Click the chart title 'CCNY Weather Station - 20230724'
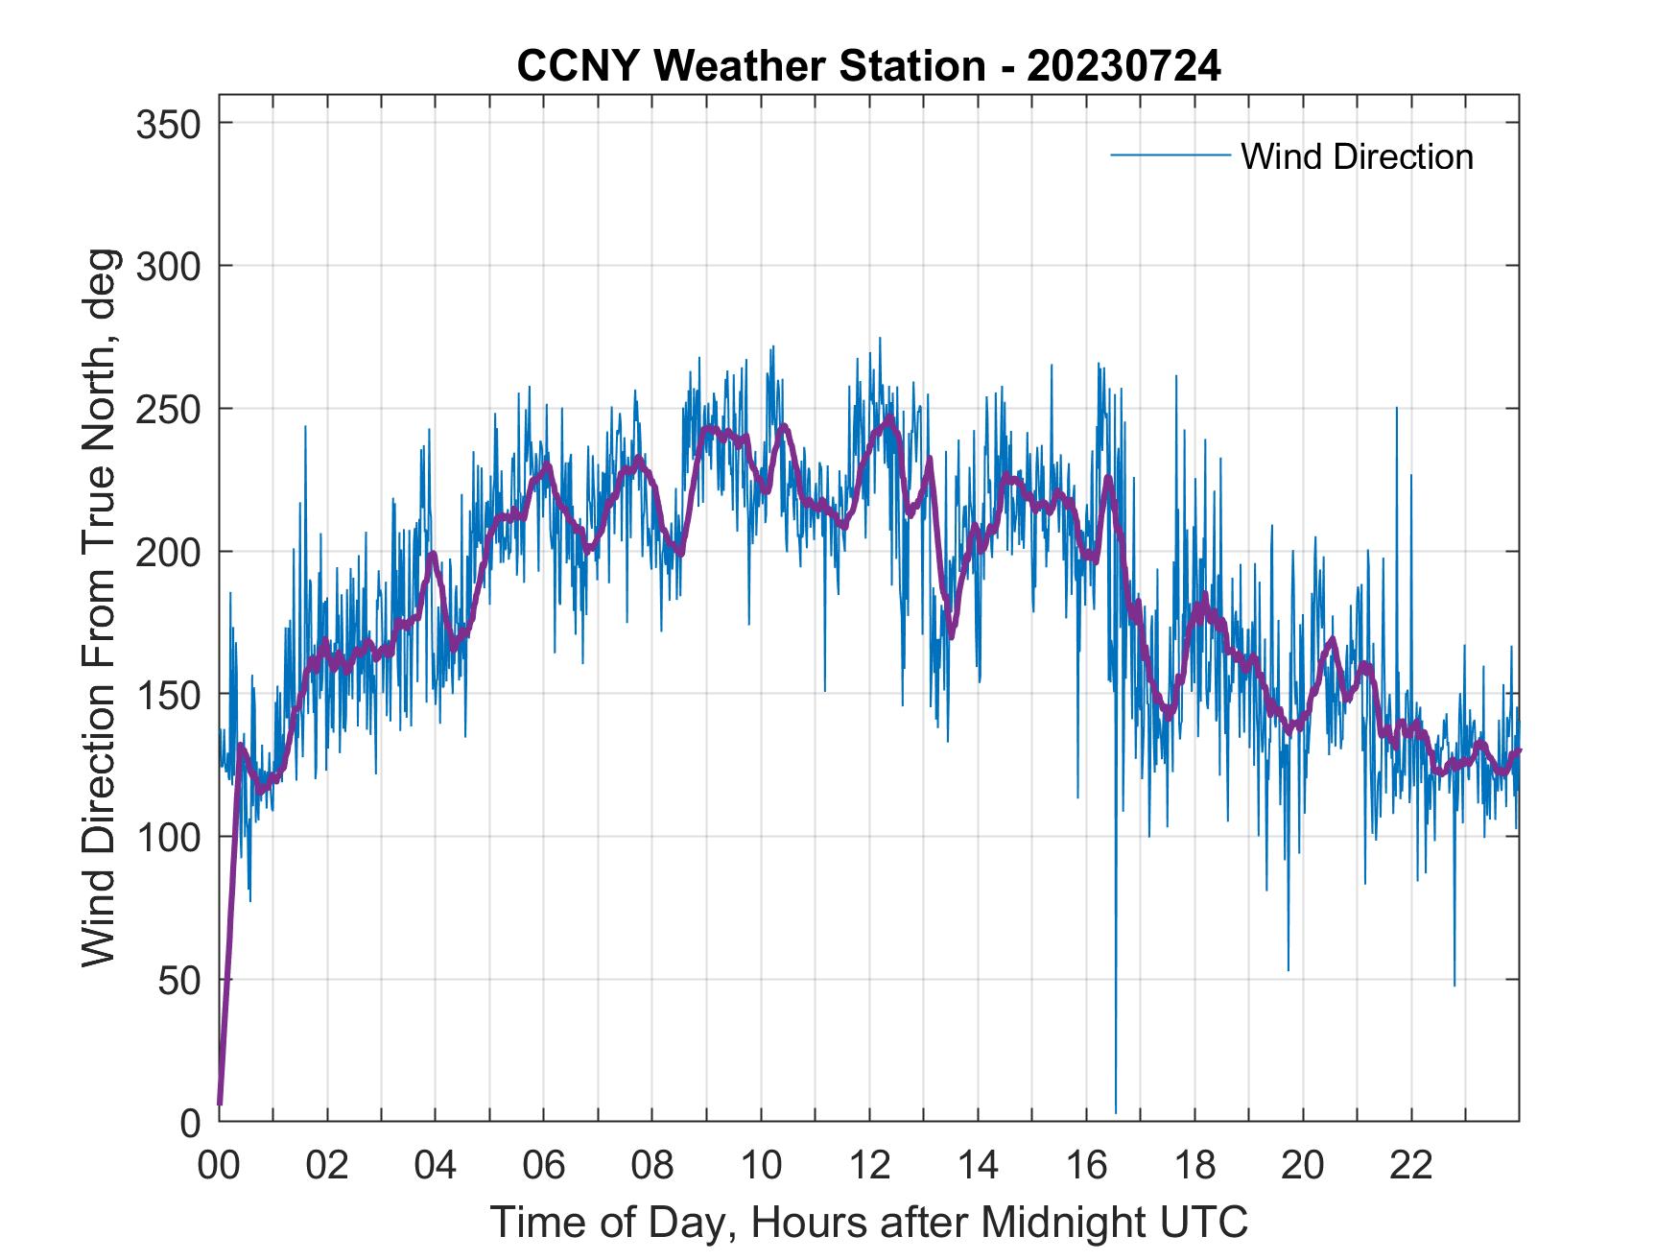868,66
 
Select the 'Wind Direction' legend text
1357,156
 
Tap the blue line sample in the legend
1170,155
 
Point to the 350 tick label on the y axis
168,124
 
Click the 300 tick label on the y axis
168,266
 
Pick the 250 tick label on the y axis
168,409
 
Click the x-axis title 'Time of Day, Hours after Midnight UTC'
868,1222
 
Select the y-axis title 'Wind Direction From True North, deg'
99,607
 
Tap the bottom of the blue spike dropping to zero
1116,1111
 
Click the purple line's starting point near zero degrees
220,1104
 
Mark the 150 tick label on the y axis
168,694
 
